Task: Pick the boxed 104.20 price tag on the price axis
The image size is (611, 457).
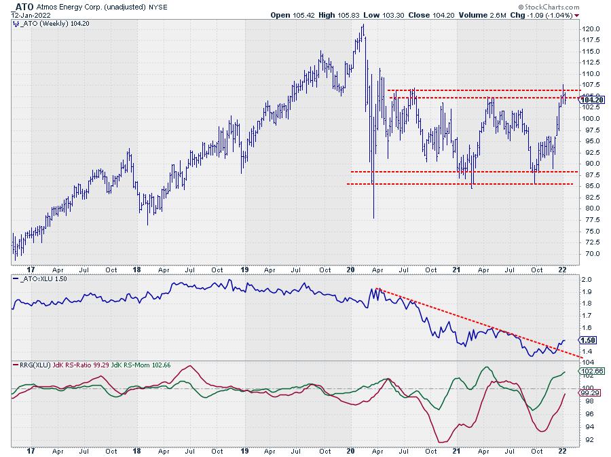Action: point(590,100)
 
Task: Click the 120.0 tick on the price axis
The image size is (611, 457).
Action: point(589,29)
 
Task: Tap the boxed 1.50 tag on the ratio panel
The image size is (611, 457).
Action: point(587,340)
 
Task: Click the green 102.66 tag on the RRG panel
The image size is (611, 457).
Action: point(589,371)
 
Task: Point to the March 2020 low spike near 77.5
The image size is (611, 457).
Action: point(374,217)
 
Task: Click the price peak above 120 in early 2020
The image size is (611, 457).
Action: point(363,25)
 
